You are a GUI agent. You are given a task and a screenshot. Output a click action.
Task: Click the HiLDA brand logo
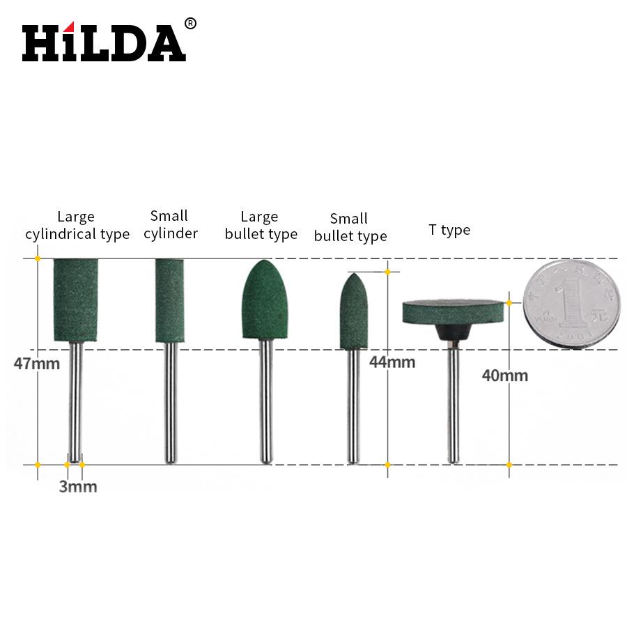click(x=104, y=43)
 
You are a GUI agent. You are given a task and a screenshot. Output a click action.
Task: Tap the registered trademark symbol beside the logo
click(x=190, y=24)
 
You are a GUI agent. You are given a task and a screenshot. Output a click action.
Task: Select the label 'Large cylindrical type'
click(x=77, y=226)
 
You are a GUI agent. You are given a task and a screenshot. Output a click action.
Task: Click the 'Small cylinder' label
click(x=171, y=224)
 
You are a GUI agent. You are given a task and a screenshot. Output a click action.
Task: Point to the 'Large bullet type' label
click(x=261, y=226)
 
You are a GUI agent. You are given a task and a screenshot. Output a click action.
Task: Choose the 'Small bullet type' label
click(x=350, y=228)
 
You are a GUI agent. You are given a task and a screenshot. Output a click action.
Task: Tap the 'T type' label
click(x=449, y=230)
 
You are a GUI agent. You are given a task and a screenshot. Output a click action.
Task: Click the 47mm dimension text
click(x=37, y=363)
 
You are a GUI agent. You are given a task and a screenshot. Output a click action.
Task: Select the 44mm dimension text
click(x=392, y=362)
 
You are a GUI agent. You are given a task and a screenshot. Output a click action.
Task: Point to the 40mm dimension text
click(x=505, y=376)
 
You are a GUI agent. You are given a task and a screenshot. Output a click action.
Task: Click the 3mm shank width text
click(x=77, y=487)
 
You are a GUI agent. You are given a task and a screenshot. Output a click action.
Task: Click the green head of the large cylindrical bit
click(x=75, y=300)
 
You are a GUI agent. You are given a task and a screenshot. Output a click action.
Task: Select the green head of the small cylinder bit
click(x=170, y=300)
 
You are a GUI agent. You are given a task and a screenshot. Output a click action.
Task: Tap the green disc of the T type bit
click(x=453, y=311)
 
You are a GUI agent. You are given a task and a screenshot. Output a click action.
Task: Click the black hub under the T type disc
click(x=453, y=332)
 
